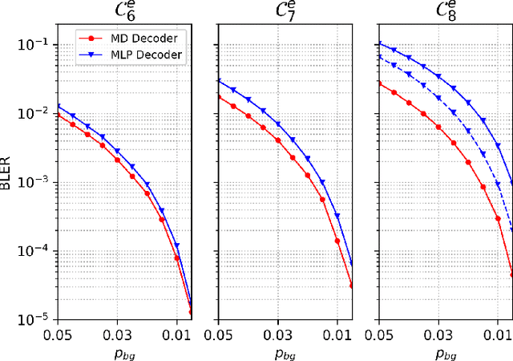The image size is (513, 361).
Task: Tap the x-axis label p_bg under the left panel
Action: click(124, 351)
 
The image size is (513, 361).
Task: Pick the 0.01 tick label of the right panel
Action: click(498, 332)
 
